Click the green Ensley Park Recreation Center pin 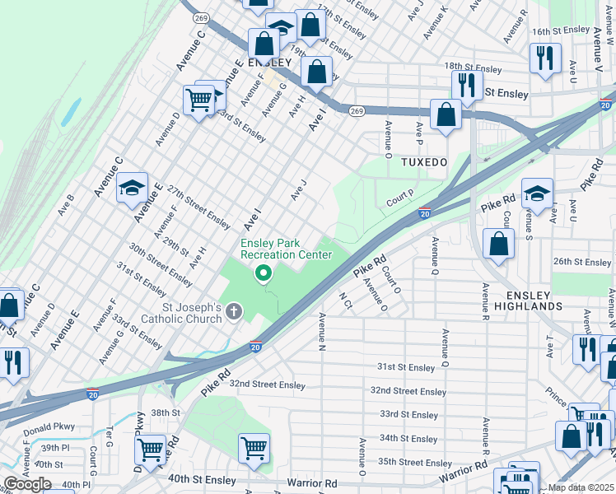pos(264,273)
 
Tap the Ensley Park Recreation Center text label pos(286,249)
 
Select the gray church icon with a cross pos(234,311)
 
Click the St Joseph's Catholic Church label pos(180,313)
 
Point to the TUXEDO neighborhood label pos(423,162)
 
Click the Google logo pos(27,484)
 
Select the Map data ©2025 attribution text pos(581,487)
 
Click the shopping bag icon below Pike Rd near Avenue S pos(499,244)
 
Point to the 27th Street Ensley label pos(198,207)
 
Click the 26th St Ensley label pos(582,262)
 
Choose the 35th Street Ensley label pos(415,464)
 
